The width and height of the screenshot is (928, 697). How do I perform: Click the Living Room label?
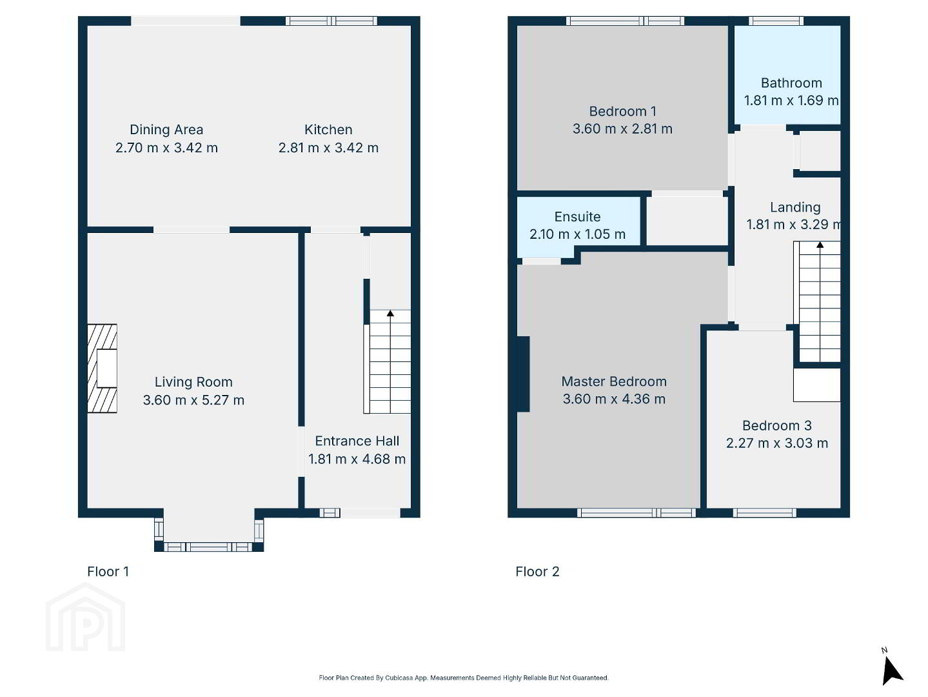tap(193, 382)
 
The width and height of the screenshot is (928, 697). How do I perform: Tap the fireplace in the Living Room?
tap(102, 369)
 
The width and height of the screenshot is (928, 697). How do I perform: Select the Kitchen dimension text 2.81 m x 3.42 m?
tap(328, 148)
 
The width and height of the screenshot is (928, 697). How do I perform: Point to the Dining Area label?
tap(166, 130)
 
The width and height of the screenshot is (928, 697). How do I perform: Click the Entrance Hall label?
tap(357, 441)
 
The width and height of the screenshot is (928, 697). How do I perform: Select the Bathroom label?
tap(791, 83)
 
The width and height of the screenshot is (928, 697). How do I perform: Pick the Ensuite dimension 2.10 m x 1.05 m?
tap(577, 234)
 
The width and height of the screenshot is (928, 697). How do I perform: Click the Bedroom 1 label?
tap(622, 111)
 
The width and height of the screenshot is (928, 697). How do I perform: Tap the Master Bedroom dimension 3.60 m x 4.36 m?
tap(614, 399)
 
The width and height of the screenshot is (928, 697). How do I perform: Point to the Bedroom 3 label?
tap(776, 425)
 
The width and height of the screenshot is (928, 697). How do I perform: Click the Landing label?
tap(795, 207)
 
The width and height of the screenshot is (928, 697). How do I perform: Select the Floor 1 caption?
tap(108, 571)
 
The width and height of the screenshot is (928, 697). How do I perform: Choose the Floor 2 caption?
tap(537, 571)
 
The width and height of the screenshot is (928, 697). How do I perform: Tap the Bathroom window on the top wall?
tap(776, 21)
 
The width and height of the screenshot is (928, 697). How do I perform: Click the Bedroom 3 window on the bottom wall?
tap(764, 512)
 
